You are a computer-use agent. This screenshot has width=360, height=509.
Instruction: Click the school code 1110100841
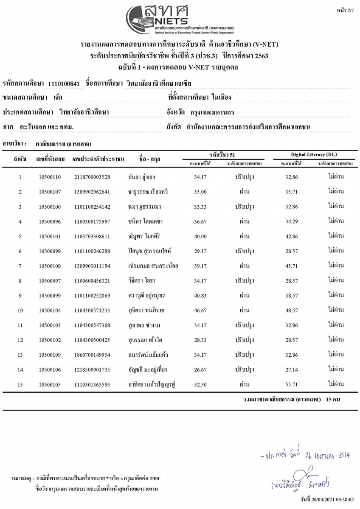pyautogui.click(x=64, y=84)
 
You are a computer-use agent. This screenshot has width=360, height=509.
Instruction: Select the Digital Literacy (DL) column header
pyautogui.click(x=314, y=155)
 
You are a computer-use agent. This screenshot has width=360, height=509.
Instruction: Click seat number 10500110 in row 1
pyautogui.click(x=50, y=177)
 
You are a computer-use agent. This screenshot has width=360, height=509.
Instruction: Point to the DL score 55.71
pyautogui.click(x=292, y=385)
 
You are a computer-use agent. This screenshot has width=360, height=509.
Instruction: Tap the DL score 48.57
pyautogui.click(x=292, y=310)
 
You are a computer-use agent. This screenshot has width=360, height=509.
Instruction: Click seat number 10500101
pyautogui.click(x=50, y=236)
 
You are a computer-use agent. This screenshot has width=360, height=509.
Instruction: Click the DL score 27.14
pyautogui.click(x=292, y=370)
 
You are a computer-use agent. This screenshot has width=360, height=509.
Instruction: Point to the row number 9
pyautogui.click(x=20, y=296)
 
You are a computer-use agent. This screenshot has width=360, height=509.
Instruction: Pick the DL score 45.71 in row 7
pyautogui.click(x=292, y=266)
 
